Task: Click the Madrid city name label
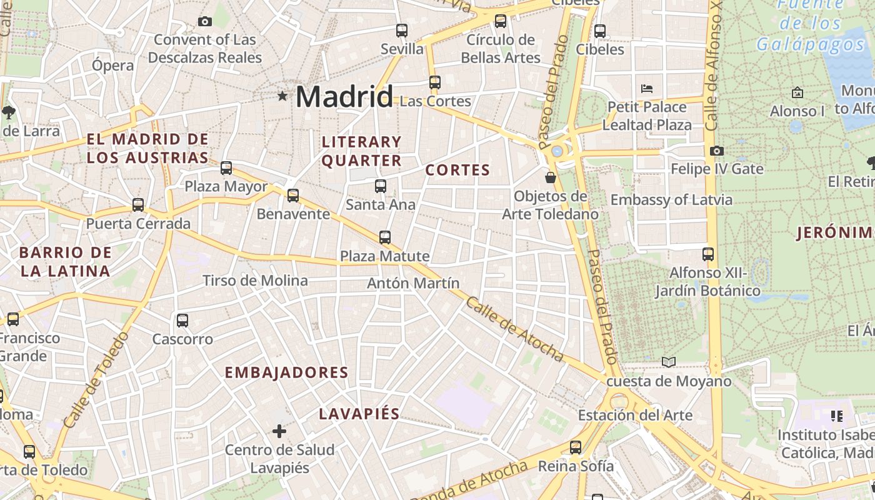pos(344,97)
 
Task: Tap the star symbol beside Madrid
pos(282,96)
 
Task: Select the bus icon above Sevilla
pos(402,30)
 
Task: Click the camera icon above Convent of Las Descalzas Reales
pos(204,22)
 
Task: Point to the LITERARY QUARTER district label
pos(361,151)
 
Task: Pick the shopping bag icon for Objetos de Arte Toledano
pos(551,177)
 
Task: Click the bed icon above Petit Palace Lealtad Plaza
pos(647,88)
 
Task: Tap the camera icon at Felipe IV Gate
pos(717,151)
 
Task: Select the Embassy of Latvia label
pos(671,200)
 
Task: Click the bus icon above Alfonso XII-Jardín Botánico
pos(707,254)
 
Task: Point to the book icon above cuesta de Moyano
pos(669,362)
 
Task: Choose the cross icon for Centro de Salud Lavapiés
pos(279,431)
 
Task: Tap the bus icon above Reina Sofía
pos(576,447)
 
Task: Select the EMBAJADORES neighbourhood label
pos(286,373)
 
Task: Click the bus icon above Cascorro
pos(182,321)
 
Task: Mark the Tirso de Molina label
pos(255,281)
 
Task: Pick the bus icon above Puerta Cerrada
pos(138,205)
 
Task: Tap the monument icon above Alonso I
pos(797,92)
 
